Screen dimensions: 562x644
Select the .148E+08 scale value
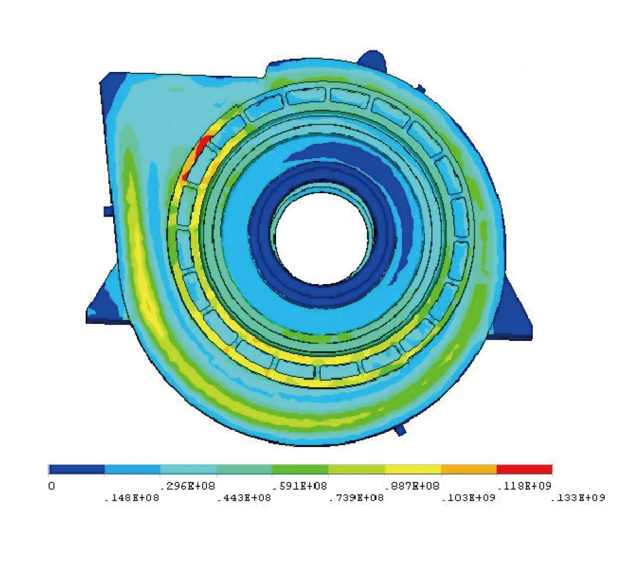click(131, 498)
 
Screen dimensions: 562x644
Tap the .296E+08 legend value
click(188, 486)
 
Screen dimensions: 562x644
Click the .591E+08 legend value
click(300, 486)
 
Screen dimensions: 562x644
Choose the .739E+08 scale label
click(356, 498)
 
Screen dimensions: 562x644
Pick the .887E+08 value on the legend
click(412, 486)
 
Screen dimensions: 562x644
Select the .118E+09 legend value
click(525, 486)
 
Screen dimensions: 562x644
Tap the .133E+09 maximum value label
click(578, 498)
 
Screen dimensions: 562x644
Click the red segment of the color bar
click(524, 469)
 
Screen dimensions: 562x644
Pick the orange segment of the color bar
click(468, 469)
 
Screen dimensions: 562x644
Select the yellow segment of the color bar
click(412, 469)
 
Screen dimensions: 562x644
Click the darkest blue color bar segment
click(76, 469)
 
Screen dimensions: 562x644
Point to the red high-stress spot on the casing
click(201, 149)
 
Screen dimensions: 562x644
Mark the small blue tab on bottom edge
click(400, 429)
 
